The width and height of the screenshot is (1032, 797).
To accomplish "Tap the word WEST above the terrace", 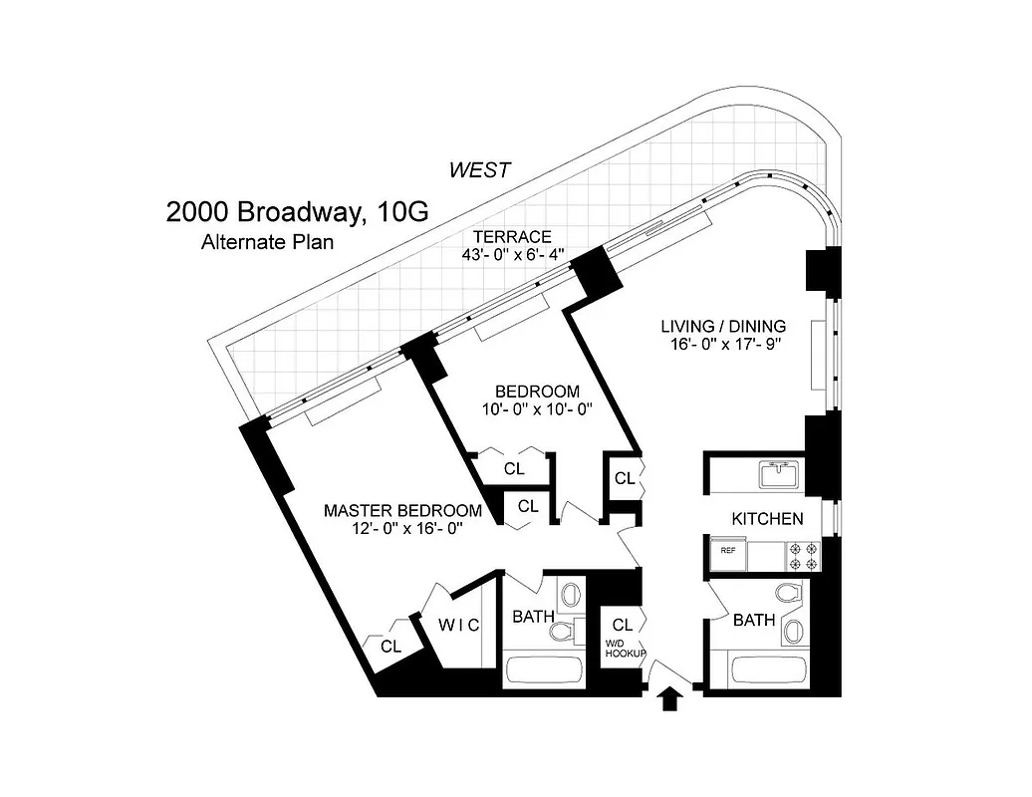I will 479,169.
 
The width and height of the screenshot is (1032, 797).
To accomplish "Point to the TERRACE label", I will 512,236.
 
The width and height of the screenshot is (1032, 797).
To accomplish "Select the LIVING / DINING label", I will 724,326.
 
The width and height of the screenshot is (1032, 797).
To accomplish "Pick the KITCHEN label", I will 767,519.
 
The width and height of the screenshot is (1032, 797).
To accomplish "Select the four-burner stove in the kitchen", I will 803,556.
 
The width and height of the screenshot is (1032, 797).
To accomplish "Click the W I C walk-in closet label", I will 459,626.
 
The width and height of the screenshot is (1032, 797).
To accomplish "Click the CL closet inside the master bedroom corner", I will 390,646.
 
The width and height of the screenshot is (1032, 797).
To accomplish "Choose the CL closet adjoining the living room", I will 625,478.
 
